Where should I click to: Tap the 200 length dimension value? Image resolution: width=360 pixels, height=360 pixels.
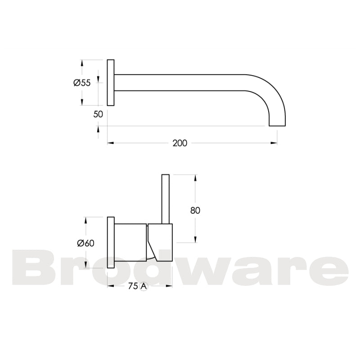tap(180, 143)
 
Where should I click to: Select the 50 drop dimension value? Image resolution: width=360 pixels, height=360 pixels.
tap(98, 114)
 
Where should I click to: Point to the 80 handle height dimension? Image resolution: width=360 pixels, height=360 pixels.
tap(195, 210)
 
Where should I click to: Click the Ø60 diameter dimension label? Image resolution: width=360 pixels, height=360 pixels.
tap(85, 243)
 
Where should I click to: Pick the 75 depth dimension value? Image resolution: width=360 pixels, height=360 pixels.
tap(132, 286)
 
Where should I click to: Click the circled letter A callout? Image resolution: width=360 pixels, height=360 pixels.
tap(144, 286)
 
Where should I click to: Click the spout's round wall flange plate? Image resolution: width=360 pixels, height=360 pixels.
tap(110, 83)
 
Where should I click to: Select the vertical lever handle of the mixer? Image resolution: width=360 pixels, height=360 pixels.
tap(165, 198)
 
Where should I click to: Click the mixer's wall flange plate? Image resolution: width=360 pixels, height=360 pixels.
tap(110, 243)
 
